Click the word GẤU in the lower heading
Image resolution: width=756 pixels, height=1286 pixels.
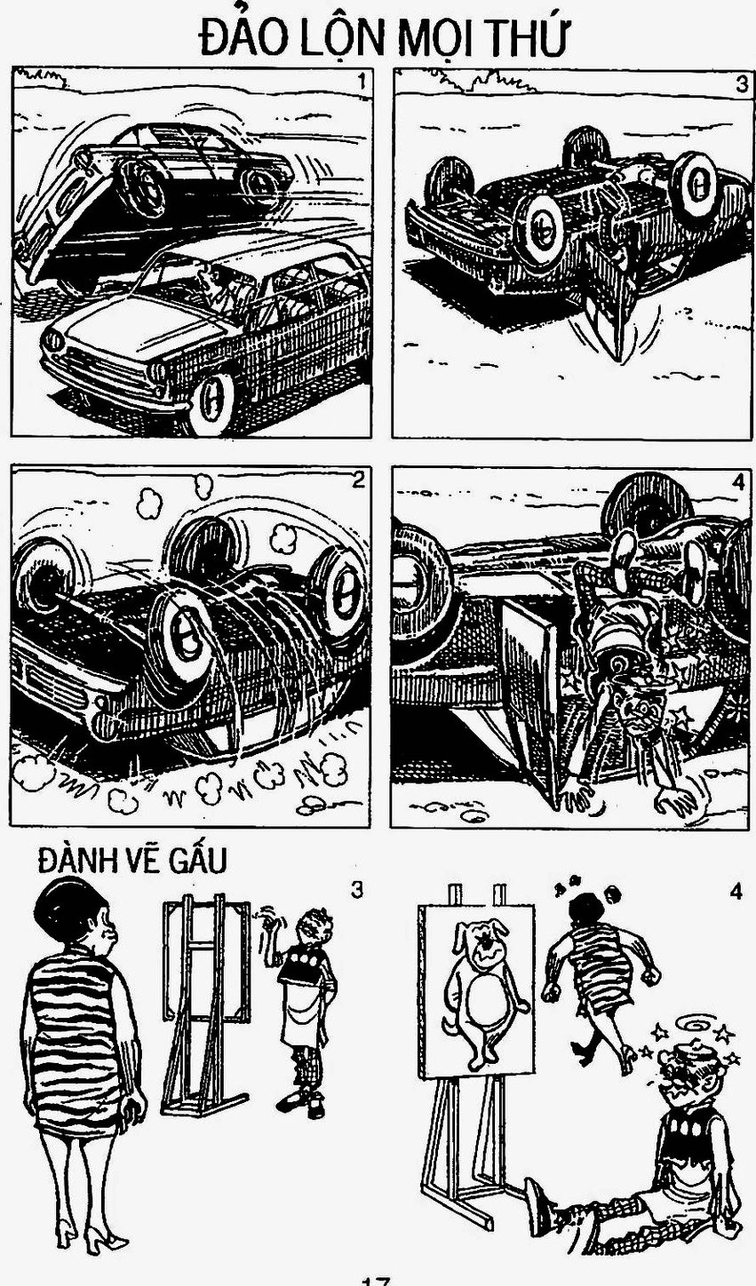coord(198,861)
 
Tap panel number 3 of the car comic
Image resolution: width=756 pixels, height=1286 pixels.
coord(741,84)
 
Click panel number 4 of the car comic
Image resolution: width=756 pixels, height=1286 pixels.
coord(739,482)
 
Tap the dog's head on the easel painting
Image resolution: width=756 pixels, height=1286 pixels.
coord(481,941)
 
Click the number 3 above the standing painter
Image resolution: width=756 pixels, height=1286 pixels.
coord(357,891)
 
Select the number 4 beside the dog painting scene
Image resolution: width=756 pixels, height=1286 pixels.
coord(736,892)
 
